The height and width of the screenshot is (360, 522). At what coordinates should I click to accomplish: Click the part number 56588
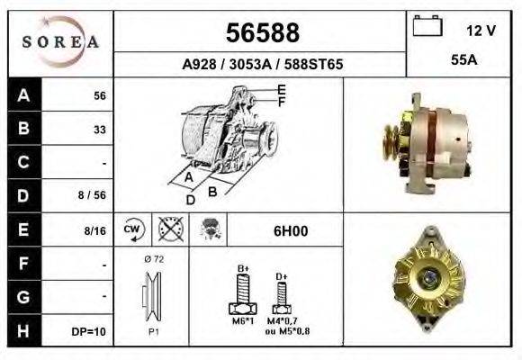click(261, 33)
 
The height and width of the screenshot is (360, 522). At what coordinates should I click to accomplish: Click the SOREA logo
click(61, 42)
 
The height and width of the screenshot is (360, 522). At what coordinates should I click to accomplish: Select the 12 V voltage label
click(481, 31)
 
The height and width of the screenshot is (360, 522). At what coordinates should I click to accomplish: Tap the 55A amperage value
click(463, 60)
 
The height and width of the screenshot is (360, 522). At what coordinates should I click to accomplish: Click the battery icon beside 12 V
click(426, 27)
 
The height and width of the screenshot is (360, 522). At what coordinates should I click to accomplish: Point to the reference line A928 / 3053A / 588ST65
click(261, 66)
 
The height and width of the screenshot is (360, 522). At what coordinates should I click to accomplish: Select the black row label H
click(23, 330)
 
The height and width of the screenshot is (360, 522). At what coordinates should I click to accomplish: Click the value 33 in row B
click(100, 130)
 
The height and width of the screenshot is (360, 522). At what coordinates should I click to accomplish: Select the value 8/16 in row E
click(95, 231)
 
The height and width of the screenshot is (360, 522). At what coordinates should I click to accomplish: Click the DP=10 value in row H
click(90, 331)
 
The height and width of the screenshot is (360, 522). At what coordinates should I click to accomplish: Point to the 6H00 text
click(290, 231)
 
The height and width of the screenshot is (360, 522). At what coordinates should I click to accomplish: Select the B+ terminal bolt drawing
click(242, 293)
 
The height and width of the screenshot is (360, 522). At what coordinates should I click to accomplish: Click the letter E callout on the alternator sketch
click(282, 89)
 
